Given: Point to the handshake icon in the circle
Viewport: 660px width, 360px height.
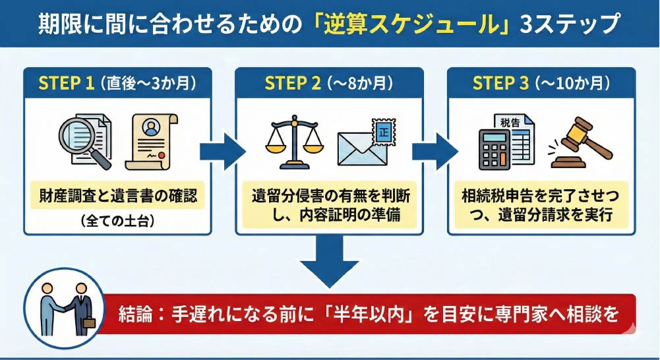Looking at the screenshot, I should (x=64, y=306).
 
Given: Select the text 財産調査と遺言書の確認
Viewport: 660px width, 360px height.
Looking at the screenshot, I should (x=117, y=195).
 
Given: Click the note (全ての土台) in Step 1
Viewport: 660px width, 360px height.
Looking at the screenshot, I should (x=117, y=221).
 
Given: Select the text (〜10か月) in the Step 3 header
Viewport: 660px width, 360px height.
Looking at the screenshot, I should (x=572, y=83).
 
